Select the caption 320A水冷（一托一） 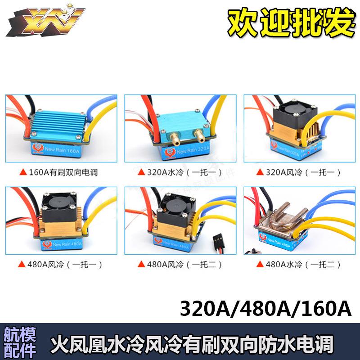click(x=180, y=172)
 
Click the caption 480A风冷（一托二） click(x=180, y=265)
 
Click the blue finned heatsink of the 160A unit click(x=61, y=119)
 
